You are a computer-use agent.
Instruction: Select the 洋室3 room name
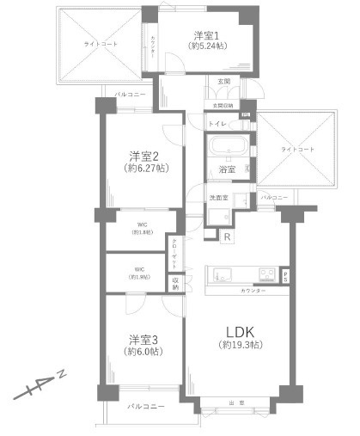point(142,339)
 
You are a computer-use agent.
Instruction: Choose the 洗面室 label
point(219,197)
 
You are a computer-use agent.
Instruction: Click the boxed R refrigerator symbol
point(227,236)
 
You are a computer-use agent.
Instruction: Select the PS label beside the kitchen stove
point(285,275)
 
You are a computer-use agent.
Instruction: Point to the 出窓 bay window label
point(235,402)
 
